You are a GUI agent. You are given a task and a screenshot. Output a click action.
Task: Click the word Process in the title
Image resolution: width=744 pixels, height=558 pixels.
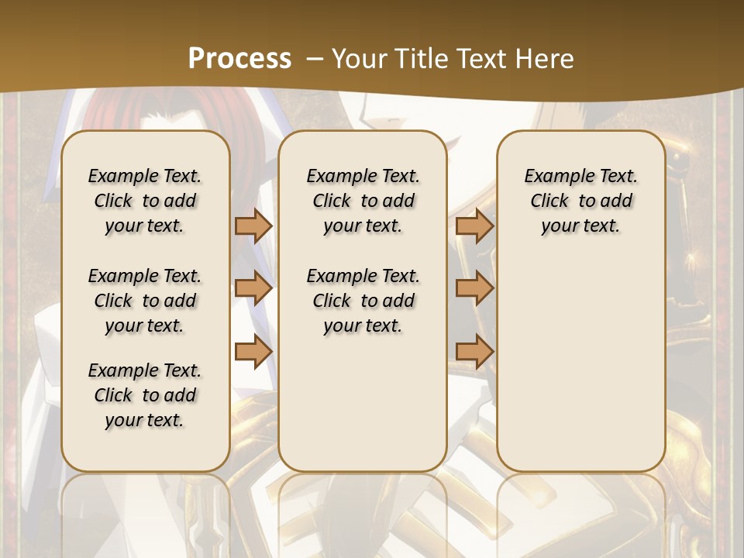point(239,59)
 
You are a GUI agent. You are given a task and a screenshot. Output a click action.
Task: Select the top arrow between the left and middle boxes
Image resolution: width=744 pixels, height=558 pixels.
point(253,226)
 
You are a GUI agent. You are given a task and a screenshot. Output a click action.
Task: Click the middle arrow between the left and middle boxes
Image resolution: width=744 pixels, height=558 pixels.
point(253,288)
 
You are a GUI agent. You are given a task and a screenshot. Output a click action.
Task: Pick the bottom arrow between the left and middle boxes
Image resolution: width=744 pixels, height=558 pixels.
point(253,352)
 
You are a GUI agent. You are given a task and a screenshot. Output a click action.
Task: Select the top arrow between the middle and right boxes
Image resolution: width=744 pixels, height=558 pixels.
point(474,226)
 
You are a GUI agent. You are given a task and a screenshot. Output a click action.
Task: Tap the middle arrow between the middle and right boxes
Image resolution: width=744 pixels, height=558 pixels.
point(474,288)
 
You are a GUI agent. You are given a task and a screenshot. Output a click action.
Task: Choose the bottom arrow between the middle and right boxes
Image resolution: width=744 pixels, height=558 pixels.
point(474,352)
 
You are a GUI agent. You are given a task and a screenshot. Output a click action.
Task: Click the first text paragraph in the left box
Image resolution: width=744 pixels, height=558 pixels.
point(145,201)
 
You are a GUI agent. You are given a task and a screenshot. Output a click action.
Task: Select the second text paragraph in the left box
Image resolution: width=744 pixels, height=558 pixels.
point(145,301)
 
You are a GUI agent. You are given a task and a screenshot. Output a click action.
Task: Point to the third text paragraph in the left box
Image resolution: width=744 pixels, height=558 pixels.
point(145,395)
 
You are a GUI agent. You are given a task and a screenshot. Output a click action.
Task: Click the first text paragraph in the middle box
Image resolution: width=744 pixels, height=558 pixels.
point(363,201)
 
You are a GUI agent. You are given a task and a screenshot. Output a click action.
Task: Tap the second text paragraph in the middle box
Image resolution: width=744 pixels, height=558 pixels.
point(363,301)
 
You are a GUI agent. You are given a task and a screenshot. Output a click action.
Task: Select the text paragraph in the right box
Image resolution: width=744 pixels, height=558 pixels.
point(580,201)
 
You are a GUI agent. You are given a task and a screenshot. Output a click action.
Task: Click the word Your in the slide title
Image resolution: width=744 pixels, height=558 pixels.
point(357,59)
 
